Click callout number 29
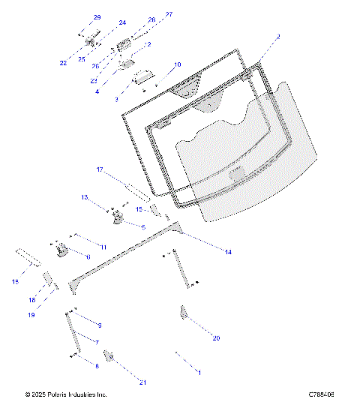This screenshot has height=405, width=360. [97, 17]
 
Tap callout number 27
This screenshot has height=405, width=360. [169, 14]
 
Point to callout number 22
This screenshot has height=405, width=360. [64, 63]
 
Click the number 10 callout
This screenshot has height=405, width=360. [177, 65]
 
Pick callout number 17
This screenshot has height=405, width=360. [99, 169]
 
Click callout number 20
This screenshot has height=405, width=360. [216, 338]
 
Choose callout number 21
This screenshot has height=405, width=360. [142, 382]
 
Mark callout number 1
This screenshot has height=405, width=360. [199, 372]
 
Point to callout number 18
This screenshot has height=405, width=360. [31, 300]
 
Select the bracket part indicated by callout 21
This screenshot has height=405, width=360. [108, 355]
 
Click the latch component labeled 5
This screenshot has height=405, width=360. [118, 218]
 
